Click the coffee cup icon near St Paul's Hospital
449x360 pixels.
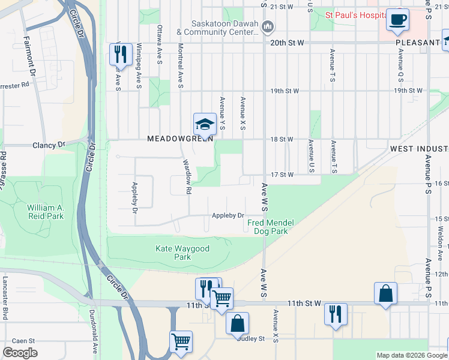point(397,19)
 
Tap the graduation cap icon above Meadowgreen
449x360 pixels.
point(204,124)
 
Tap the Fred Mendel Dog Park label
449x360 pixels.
point(271,227)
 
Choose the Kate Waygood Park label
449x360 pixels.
point(173,253)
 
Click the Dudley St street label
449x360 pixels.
point(251,338)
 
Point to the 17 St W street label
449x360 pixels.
point(282,175)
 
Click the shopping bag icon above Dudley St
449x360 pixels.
point(238,323)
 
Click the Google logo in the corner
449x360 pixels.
point(20,353)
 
